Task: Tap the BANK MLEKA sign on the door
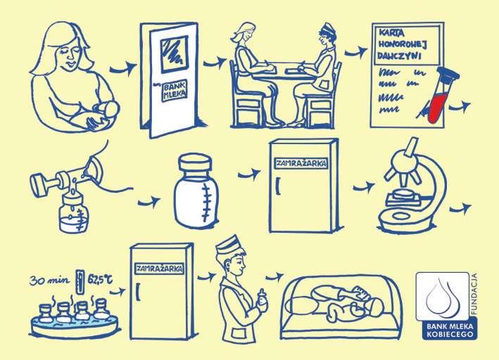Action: click(175, 91)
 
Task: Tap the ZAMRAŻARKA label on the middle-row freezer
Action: click(301, 163)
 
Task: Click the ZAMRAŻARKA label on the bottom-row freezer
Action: click(160, 269)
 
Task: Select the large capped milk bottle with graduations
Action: click(196, 191)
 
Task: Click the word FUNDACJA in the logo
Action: click(474, 294)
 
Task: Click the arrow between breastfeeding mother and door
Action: click(122, 68)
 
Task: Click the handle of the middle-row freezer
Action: click(279, 186)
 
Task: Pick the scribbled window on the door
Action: click(175, 54)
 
